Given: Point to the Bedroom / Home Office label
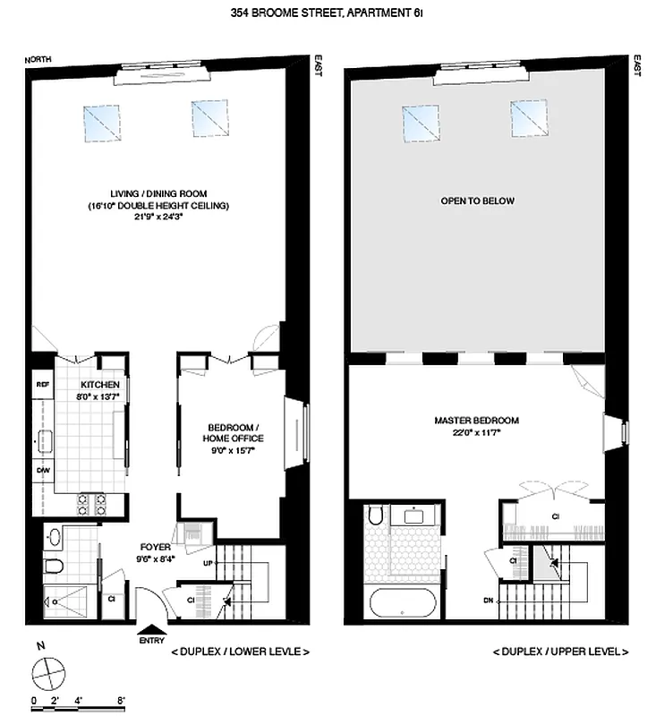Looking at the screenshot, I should [234, 431].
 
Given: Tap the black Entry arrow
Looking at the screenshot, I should [151, 630].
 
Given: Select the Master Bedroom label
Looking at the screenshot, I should [476, 420].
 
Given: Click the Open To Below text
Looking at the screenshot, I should [477, 200].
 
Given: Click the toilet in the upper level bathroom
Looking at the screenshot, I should [376, 516].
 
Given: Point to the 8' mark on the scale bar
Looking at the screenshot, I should [120, 699].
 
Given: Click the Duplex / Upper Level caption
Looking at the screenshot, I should [561, 652].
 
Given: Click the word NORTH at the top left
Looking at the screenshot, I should [38, 60].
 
